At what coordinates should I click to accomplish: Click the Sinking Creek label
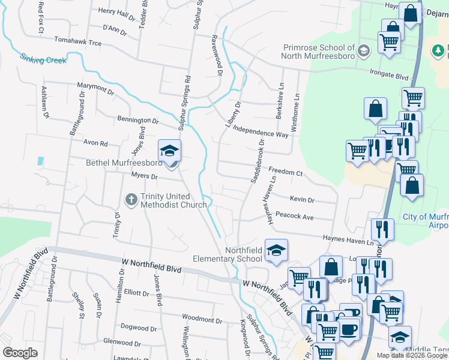(x=43, y=59)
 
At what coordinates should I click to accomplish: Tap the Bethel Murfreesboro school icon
(x=169, y=150)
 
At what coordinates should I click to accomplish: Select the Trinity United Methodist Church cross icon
(x=131, y=199)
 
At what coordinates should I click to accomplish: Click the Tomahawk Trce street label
(x=77, y=43)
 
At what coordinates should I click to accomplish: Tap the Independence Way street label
(x=261, y=131)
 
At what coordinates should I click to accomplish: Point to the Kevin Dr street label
(x=302, y=199)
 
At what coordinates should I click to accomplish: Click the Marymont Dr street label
(x=95, y=89)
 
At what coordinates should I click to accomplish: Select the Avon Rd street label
(x=95, y=143)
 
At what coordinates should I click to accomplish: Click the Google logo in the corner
(x=20, y=352)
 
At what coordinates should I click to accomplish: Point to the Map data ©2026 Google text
(x=412, y=355)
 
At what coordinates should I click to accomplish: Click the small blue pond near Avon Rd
(x=40, y=161)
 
